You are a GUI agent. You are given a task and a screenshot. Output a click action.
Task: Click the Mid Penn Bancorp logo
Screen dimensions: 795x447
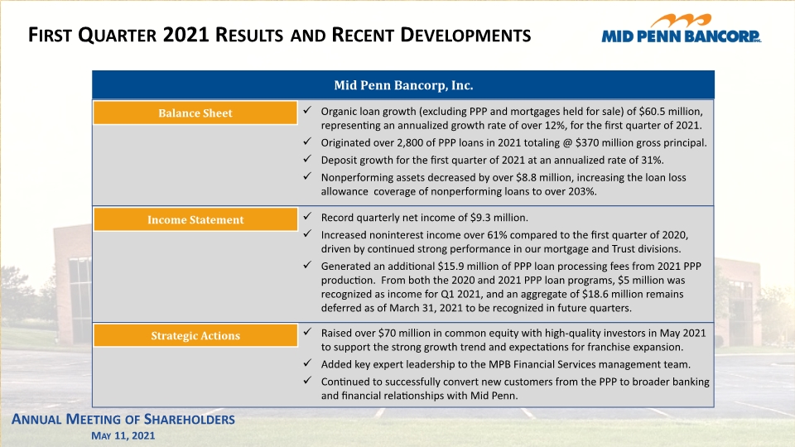681,29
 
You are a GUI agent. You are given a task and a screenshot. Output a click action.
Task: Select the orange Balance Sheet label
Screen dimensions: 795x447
195,113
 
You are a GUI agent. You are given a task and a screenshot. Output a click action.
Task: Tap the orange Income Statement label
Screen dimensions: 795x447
195,219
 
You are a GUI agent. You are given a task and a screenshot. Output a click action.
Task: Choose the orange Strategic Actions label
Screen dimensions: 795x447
195,335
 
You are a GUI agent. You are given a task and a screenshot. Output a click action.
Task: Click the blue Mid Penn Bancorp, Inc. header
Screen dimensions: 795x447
403,84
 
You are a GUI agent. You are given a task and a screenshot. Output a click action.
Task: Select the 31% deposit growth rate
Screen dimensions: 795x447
653,160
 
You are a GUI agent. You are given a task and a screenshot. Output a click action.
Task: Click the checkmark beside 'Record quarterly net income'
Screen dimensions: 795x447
307,216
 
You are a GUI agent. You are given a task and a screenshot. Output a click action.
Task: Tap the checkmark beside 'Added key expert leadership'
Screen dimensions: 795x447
307,363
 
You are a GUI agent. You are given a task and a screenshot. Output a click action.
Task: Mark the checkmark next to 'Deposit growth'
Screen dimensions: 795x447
307,159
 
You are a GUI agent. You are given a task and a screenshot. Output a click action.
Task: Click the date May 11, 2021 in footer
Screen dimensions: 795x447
123,436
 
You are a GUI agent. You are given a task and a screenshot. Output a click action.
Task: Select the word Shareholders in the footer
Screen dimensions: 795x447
189,420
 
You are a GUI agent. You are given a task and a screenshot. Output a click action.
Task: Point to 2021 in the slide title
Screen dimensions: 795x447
185,35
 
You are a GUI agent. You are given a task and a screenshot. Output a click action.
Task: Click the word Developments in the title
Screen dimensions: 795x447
465,35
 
